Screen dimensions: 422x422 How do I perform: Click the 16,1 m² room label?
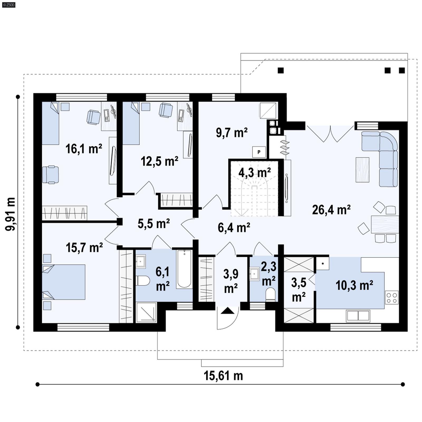coord(84,149)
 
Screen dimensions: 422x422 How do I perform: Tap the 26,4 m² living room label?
coord(331,210)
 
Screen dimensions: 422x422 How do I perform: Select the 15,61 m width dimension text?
coord(223,376)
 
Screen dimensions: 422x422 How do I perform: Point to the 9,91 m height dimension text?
coord(11,214)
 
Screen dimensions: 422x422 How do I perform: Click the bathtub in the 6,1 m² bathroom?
coord(184,269)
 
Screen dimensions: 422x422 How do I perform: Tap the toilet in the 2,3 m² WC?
coord(270,294)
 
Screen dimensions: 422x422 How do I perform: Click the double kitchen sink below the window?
coord(358,316)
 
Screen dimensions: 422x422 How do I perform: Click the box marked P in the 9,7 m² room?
coord(259,152)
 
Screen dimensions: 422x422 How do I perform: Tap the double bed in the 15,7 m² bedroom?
coord(64,282)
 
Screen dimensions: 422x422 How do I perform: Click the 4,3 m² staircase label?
coord(255,173)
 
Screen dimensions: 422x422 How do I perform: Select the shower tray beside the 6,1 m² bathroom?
coord(146,313)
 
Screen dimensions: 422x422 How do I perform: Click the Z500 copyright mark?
coord(8,4)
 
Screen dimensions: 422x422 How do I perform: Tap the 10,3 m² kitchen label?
coord(354,285)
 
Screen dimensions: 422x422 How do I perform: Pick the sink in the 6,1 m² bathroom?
coord(140,261)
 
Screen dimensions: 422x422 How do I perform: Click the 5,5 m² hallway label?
coord(154,224)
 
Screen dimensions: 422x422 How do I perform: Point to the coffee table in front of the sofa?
coord(362,170)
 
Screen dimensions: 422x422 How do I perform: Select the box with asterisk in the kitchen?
coord(323,263)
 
